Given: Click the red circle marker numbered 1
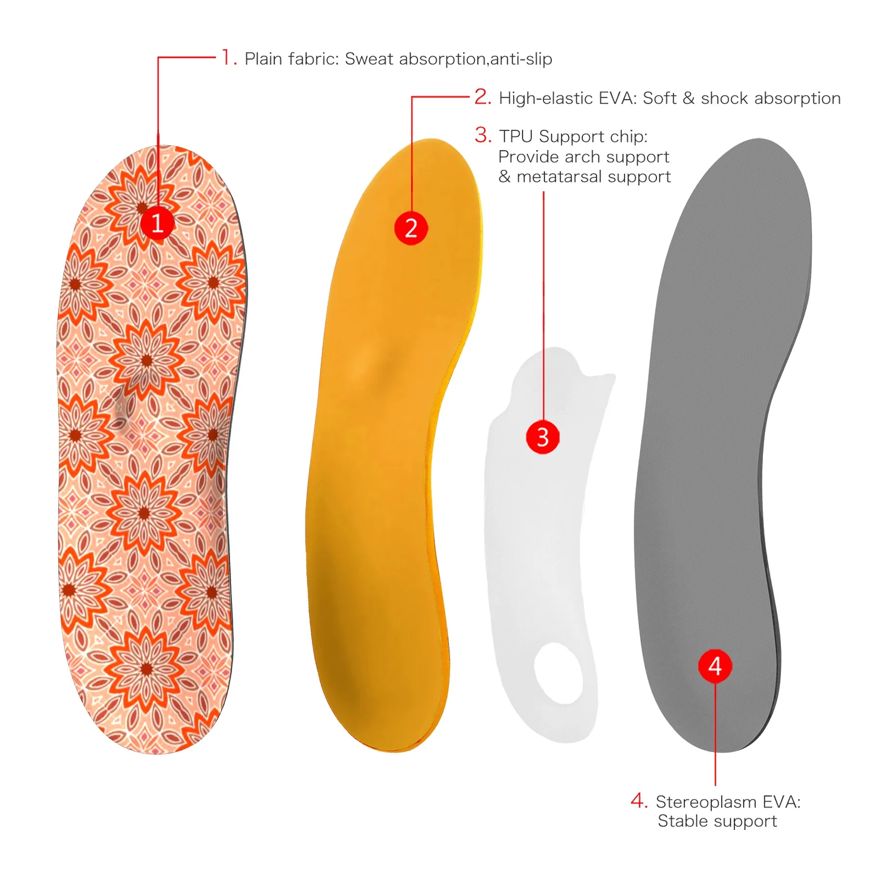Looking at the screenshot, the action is coord(157,224).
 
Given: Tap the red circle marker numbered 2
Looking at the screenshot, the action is coord(411,229).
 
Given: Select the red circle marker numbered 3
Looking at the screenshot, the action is coord(543,437).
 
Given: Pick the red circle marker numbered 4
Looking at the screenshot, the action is coord(715,666).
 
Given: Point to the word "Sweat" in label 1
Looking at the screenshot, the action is coord(369,59).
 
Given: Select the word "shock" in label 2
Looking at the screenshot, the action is coord(725,98).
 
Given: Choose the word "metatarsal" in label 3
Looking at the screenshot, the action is coord(559,177).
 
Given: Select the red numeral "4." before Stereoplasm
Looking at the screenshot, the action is coord(639,801).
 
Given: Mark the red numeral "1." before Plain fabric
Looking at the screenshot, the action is coord(229,57).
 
